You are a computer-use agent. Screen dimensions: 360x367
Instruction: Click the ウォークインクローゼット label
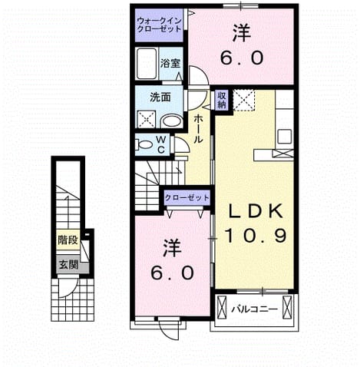(x=159, y=25)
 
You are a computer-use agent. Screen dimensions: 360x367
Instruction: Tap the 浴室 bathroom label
(x=170, y=64)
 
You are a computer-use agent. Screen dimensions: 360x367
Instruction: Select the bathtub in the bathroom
(x=147, y=64)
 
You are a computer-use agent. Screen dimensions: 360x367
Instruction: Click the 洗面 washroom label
(x=160, y=98)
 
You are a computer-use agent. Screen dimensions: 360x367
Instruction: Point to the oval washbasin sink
(x=173, y=121)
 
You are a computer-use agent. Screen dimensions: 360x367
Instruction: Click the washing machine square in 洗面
(x=147, y=119)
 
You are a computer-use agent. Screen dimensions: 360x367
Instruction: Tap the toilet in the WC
(x=144, y=145)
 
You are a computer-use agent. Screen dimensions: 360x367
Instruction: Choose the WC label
(x=160, y=144)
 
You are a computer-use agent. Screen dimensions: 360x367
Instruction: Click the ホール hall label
(x=198, y=129)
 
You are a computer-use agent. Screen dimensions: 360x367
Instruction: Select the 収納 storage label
(x=222, y=100)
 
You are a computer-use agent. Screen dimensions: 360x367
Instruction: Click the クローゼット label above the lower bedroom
(x=187, y=198)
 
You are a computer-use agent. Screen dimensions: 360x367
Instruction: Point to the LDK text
(x=256, y=211)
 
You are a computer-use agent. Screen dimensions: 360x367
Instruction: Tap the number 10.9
(x=256, y=236)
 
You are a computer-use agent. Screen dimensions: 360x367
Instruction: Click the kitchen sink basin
(x=285, y=137)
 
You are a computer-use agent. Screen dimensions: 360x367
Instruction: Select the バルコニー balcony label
(x=254, y=309)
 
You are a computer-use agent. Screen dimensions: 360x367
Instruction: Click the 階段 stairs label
(x=68, y=240)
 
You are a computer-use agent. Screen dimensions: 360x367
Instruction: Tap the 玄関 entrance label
(x=68, y=265)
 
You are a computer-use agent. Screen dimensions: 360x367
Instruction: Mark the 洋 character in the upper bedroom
(x=242, y=33)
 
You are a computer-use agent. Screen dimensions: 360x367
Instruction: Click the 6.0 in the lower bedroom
(x=172, y=273)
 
